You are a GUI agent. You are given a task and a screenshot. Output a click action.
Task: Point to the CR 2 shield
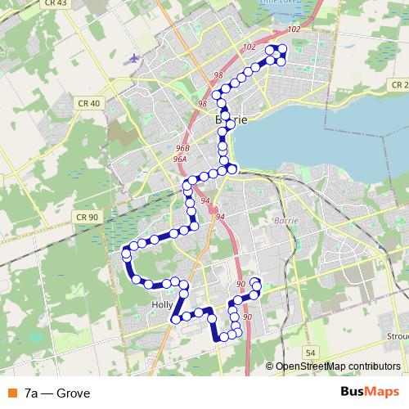pyautogui.click(x=399, y=85)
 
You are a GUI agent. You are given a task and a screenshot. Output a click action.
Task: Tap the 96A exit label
pyautogui.click(x=181, y=160)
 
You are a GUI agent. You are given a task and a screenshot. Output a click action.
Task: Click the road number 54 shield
pyautogui.click(x=309, y=352)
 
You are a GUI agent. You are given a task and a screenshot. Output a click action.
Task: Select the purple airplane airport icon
pyautogui.click(x=134, y=58)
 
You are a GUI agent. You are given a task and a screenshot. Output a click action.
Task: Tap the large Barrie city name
pyautogui.click(x=231, y=119)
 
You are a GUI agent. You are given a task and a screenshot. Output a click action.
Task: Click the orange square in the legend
pyautogui.click(x=10, y=393)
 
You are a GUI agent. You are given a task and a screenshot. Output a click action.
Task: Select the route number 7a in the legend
pyautogui.click(x=32, y=393)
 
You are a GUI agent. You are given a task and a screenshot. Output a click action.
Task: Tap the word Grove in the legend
pyautogui.click(x=74, y=393)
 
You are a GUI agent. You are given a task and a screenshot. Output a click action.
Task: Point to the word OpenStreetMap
pyautogui.click(x=311, y=367)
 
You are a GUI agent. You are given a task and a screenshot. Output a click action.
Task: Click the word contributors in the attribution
pyautogui.click(x=374, y=367)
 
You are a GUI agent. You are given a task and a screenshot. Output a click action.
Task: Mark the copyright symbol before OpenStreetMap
pyautogui.click(x=270, y=367)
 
